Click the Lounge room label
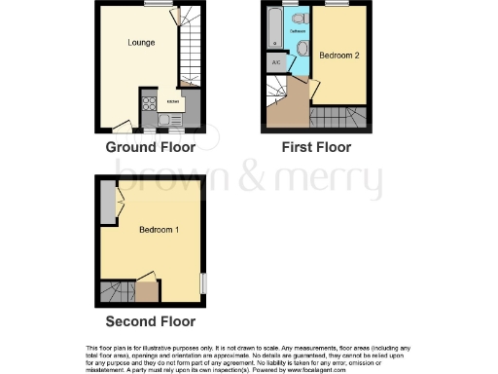click(x=141, y=43)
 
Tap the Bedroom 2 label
click(x=341, y=56)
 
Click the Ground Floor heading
click(x=151, y=148)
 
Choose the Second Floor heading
click(x=151, y=321)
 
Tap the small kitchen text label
click(x=173, y=101)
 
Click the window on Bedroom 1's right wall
click(x=203, y=281)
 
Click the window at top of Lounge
click(x=154, y=5)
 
